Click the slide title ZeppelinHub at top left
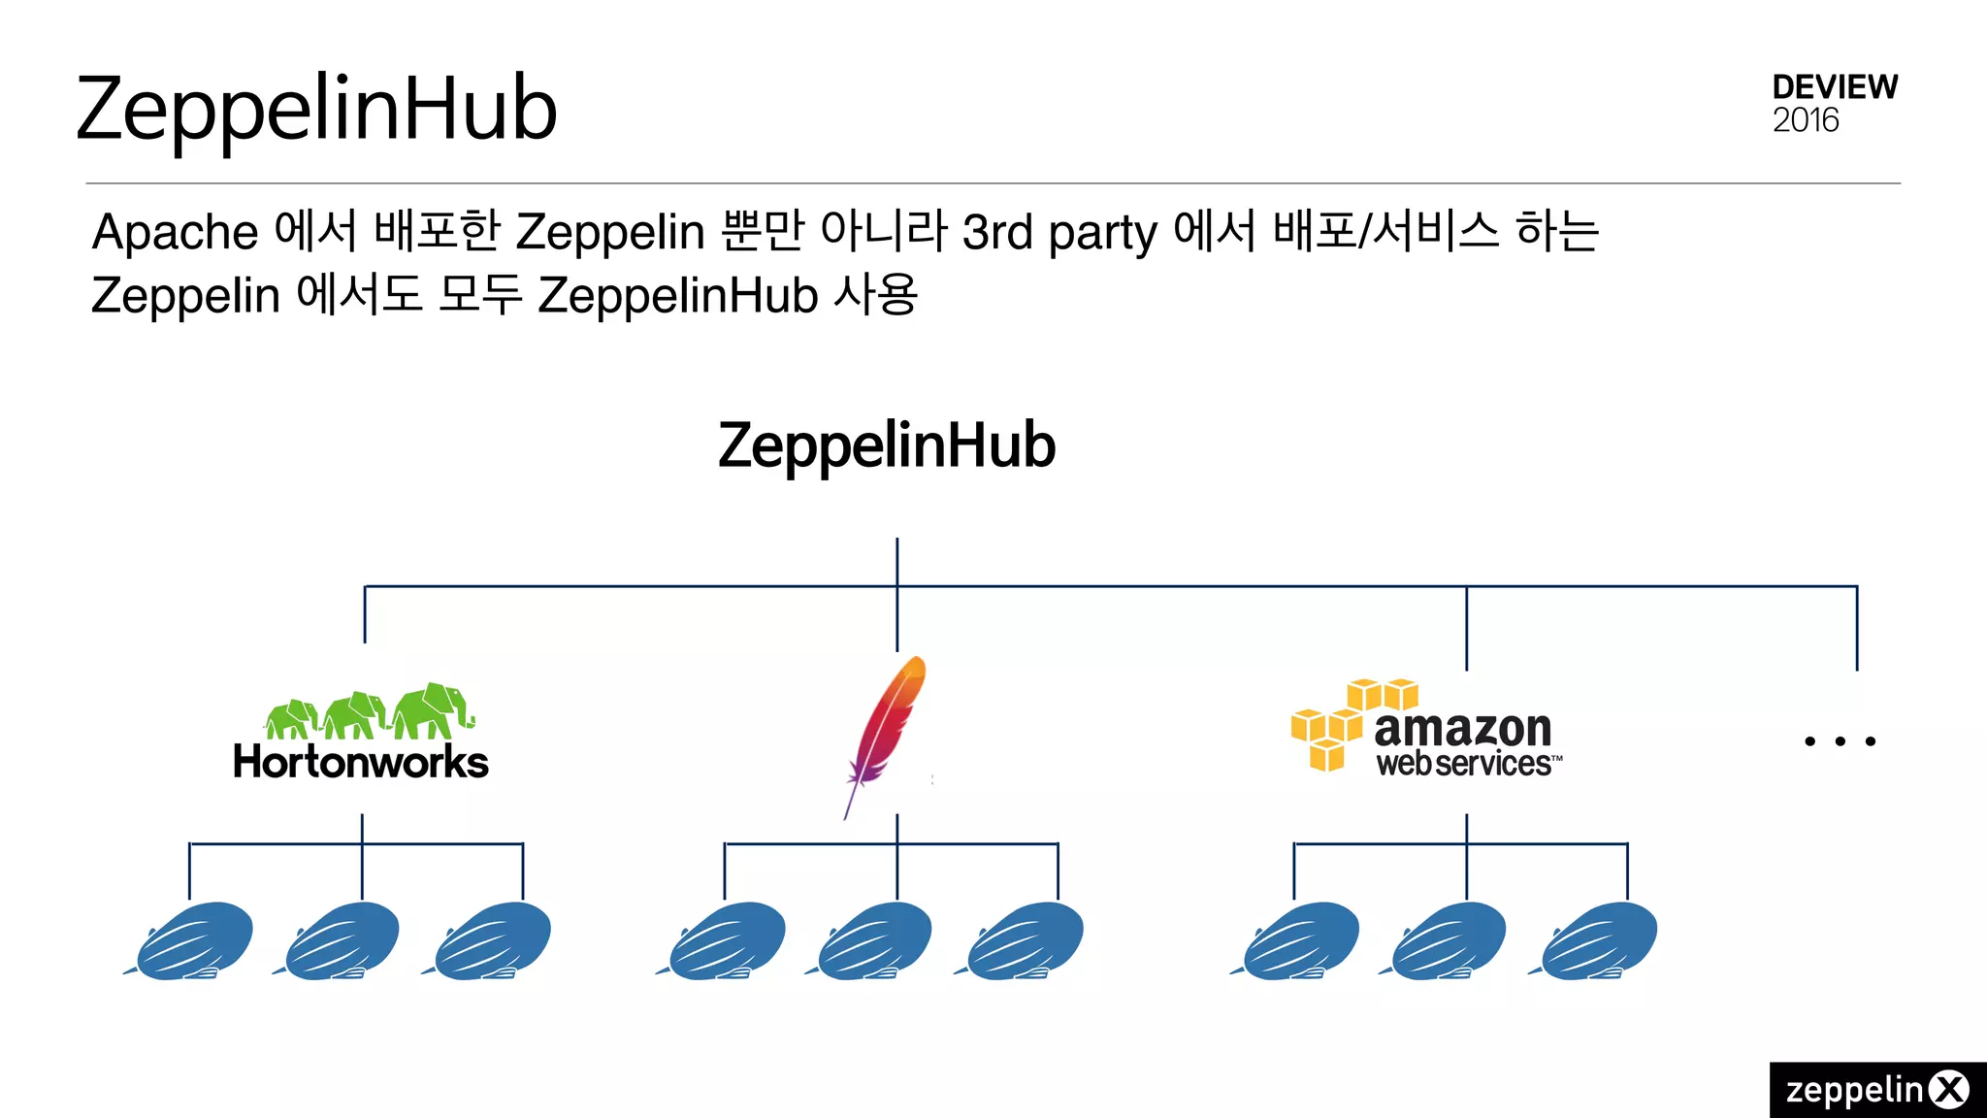316,109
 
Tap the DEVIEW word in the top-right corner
1834,87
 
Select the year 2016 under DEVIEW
1806,120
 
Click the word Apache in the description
176,233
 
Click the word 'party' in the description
1103,235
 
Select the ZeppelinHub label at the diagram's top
886,445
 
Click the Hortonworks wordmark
361,762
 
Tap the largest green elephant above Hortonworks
433,711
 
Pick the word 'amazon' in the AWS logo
1462,728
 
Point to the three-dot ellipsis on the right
1840,741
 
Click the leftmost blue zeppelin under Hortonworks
192,939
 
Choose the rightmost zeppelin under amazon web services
1597,939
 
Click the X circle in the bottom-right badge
1949,1090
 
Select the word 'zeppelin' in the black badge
1854,1090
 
